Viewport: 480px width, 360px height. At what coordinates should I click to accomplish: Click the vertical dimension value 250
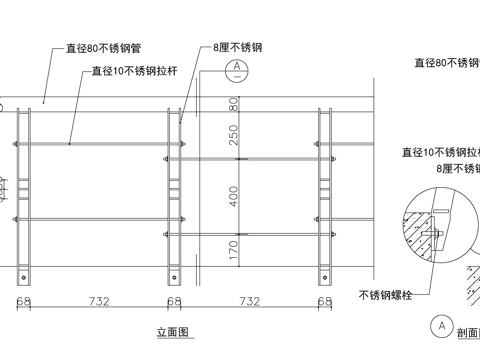pyautogui.click(x=234, y=135)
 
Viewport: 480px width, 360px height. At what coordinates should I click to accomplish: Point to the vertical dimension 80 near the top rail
pyautogui.click(x=234, y=103)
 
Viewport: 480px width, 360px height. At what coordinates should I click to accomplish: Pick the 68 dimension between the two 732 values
pyautogui.click(x=174, y=300)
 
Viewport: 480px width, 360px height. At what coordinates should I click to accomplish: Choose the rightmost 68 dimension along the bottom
pyautogui.click(x=325, y=300)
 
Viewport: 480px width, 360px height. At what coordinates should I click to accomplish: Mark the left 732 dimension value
pyautogui.click(x=97, y=300)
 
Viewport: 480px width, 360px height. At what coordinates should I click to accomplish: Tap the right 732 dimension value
pyautogui.click(x=249, y=300)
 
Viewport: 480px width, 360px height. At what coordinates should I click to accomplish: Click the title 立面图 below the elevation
pyautogui.click(x=174, y=331)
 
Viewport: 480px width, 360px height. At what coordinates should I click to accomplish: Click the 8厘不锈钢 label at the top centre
pyautogui.click(x=237, y=47)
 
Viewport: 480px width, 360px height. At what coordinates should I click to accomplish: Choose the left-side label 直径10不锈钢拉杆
pyautogui.click(x=131, y=71)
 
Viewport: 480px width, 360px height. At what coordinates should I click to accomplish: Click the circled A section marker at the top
pyautogui.click(x=236, y=68)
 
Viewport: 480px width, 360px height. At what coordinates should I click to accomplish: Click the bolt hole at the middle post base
pyautogui.click(x=174, y=276)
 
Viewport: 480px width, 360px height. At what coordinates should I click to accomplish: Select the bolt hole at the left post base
pyautogui.click(x=23, y=276)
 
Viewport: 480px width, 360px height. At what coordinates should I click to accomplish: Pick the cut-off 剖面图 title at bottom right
pyautogui.click(x=467, y=333)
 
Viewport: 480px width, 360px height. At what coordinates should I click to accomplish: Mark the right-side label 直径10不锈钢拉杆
pyautogui.click(x=439, y=153)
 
